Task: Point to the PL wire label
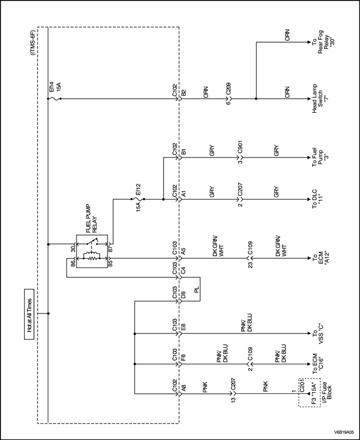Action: pos(196,290)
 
